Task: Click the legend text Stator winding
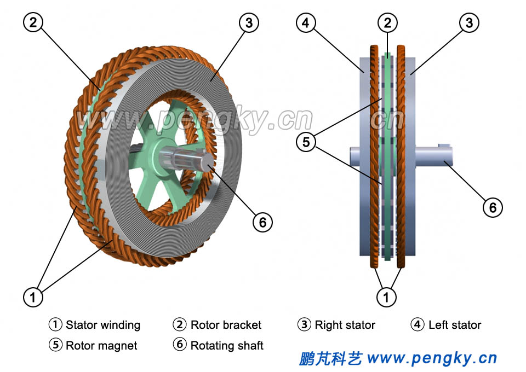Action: (x=103, y=325)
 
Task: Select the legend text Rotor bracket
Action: (x=226, y=325)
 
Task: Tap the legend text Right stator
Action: (x=345, y=325)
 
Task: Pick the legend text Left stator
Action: (x=455, y=325)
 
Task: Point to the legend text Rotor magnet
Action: (x=101, y=346)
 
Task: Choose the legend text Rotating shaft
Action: (x=227, y=346)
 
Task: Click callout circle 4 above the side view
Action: (x=306, y=23)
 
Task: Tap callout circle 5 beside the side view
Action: (x=306, y=142)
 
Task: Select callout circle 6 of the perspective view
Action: (x=262, y=222)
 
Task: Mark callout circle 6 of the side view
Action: (x=492, y=207)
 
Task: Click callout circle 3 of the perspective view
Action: (x=249, y=23)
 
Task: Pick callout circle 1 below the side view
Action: (x=387, y=297)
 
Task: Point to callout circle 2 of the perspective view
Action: (x=33, y=23)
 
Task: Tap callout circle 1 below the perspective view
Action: (x=33, y=297)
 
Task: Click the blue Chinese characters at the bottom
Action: (x=330, y=359)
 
